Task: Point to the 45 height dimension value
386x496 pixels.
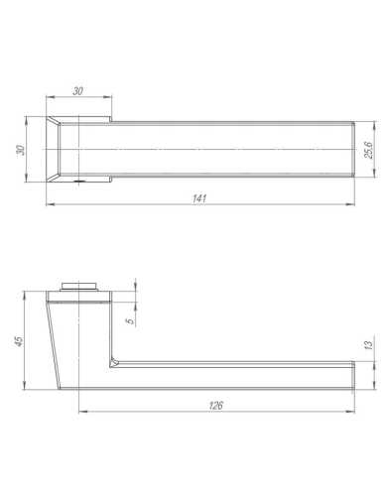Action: coord(17,342)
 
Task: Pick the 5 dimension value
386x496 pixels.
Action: coord(128,321)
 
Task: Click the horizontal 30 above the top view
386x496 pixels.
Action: coord(77,91)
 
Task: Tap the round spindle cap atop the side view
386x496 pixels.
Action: coord(81,285)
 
